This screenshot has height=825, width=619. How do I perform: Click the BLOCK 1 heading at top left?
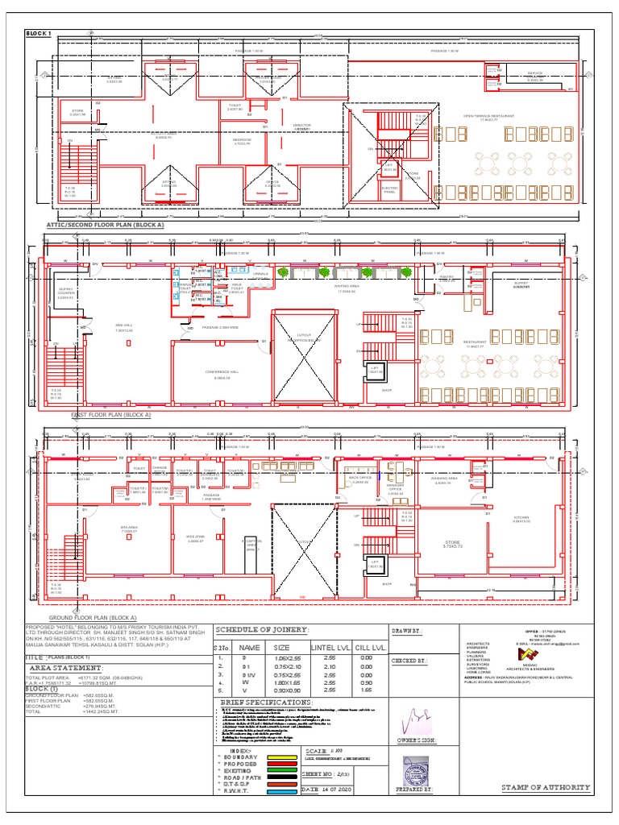pos(38,33)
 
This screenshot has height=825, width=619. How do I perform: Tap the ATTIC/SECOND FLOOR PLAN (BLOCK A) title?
pos(105,226)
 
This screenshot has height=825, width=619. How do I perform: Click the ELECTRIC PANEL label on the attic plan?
pos(389,191)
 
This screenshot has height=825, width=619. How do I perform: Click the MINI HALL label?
pos(123,328)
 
